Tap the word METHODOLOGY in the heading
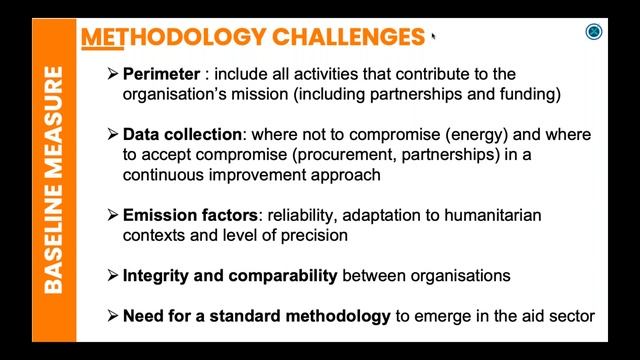coord(167,37)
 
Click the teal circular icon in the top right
coord(593,33)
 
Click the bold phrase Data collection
coord(182,134)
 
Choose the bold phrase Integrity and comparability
coord(230,275)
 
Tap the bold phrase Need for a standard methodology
coord(256,316)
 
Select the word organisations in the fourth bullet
coord(464,275)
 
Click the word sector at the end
coord(573,316)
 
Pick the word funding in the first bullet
coord(528,95)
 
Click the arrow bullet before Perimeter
coord(113,75)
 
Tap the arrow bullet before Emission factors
coord(113,215)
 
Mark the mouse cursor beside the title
coord(432,37)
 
